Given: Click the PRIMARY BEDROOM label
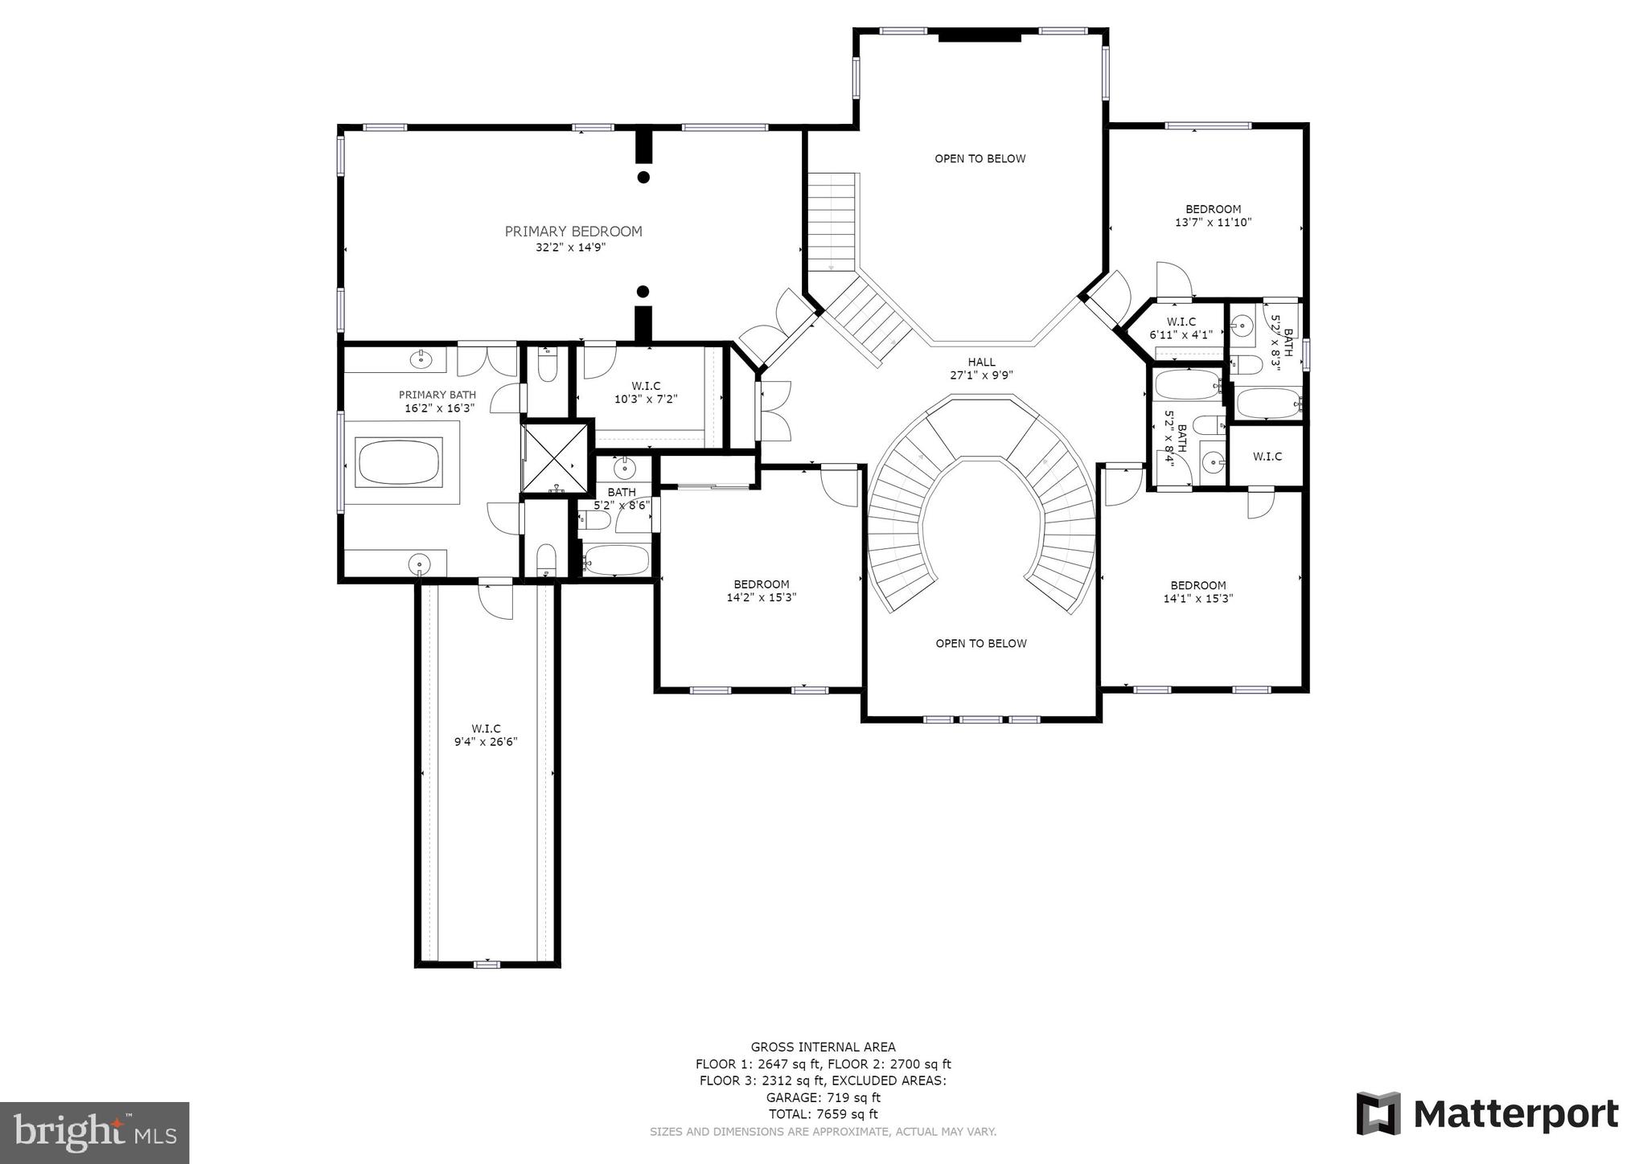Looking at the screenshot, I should (573, 232).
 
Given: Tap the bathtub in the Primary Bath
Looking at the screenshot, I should (399, 463).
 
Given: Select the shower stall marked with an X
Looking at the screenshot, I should (556, 458).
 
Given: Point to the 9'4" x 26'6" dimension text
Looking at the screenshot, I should (485, 742).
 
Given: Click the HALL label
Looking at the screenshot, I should (981, 363).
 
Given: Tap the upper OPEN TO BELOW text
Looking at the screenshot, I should (980, 159).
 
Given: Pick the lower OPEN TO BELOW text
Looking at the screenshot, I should (980, 644).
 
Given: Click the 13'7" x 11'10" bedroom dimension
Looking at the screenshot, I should (1213, 223).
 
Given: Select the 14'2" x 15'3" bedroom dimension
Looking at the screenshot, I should (761, 597).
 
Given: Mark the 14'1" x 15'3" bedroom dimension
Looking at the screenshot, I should (1197, 599).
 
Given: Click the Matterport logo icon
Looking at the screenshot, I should (1378, 1113).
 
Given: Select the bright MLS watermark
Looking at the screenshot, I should (95, 1133).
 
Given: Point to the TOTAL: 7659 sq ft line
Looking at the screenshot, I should (823, 1114).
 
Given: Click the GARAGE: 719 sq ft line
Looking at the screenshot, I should (823, 1097).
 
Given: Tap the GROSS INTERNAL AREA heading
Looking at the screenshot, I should (823, 1047).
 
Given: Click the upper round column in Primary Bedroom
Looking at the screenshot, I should (643, 177).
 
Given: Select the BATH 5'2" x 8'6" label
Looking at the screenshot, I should (622, 498).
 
